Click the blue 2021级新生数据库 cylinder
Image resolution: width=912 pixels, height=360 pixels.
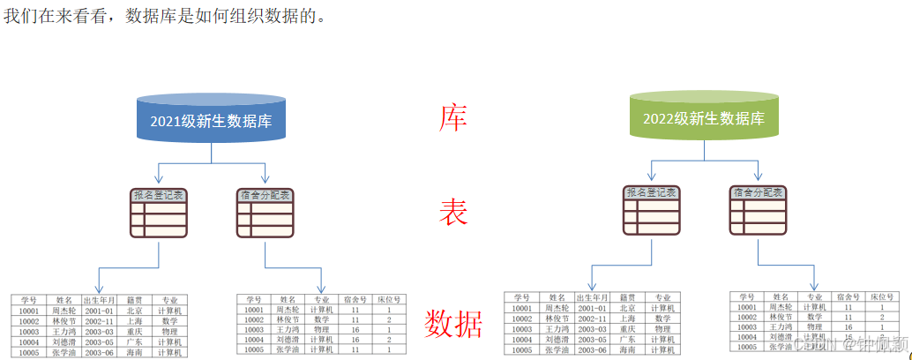click(x=211, y=119)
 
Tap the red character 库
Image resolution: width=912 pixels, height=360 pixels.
click(x=452, y=118)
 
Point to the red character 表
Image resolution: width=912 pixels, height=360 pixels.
click(x=453, y=213)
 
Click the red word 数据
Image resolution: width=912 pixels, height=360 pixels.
click(x=453, y=325)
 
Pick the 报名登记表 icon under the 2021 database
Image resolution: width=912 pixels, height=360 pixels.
click(x=158, y=214)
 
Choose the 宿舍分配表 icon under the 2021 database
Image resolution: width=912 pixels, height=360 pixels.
click(x=265, y=214)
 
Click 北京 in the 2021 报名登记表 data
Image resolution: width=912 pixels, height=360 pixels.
click(x=134, y=311)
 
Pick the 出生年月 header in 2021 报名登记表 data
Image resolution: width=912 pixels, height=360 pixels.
click(x=99, y=300)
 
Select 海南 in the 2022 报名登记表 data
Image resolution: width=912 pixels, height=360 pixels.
click(x=627, y=350)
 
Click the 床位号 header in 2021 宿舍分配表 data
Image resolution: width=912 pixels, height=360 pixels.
click(x=389, y=300)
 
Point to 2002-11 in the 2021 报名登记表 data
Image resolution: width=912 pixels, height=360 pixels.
click(x=99, y=321)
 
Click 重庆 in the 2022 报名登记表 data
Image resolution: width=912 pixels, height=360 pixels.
click(x=627, y=329)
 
